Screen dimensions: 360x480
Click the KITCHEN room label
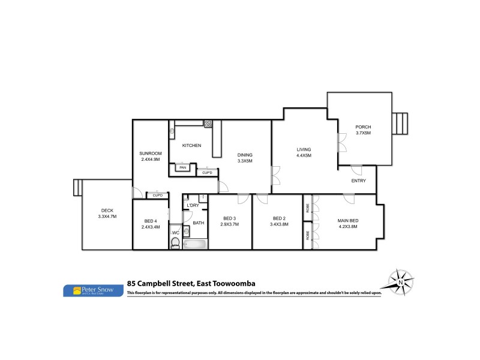191,146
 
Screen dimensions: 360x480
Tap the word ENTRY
359,181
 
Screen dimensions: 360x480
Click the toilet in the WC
175,243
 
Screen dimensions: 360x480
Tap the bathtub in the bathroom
195,244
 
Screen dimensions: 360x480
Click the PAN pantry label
183,168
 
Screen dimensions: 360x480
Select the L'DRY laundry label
193,206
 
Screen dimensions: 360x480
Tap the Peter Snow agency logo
93,290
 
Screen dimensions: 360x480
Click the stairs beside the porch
401,124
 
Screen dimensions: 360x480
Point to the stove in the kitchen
208,124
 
